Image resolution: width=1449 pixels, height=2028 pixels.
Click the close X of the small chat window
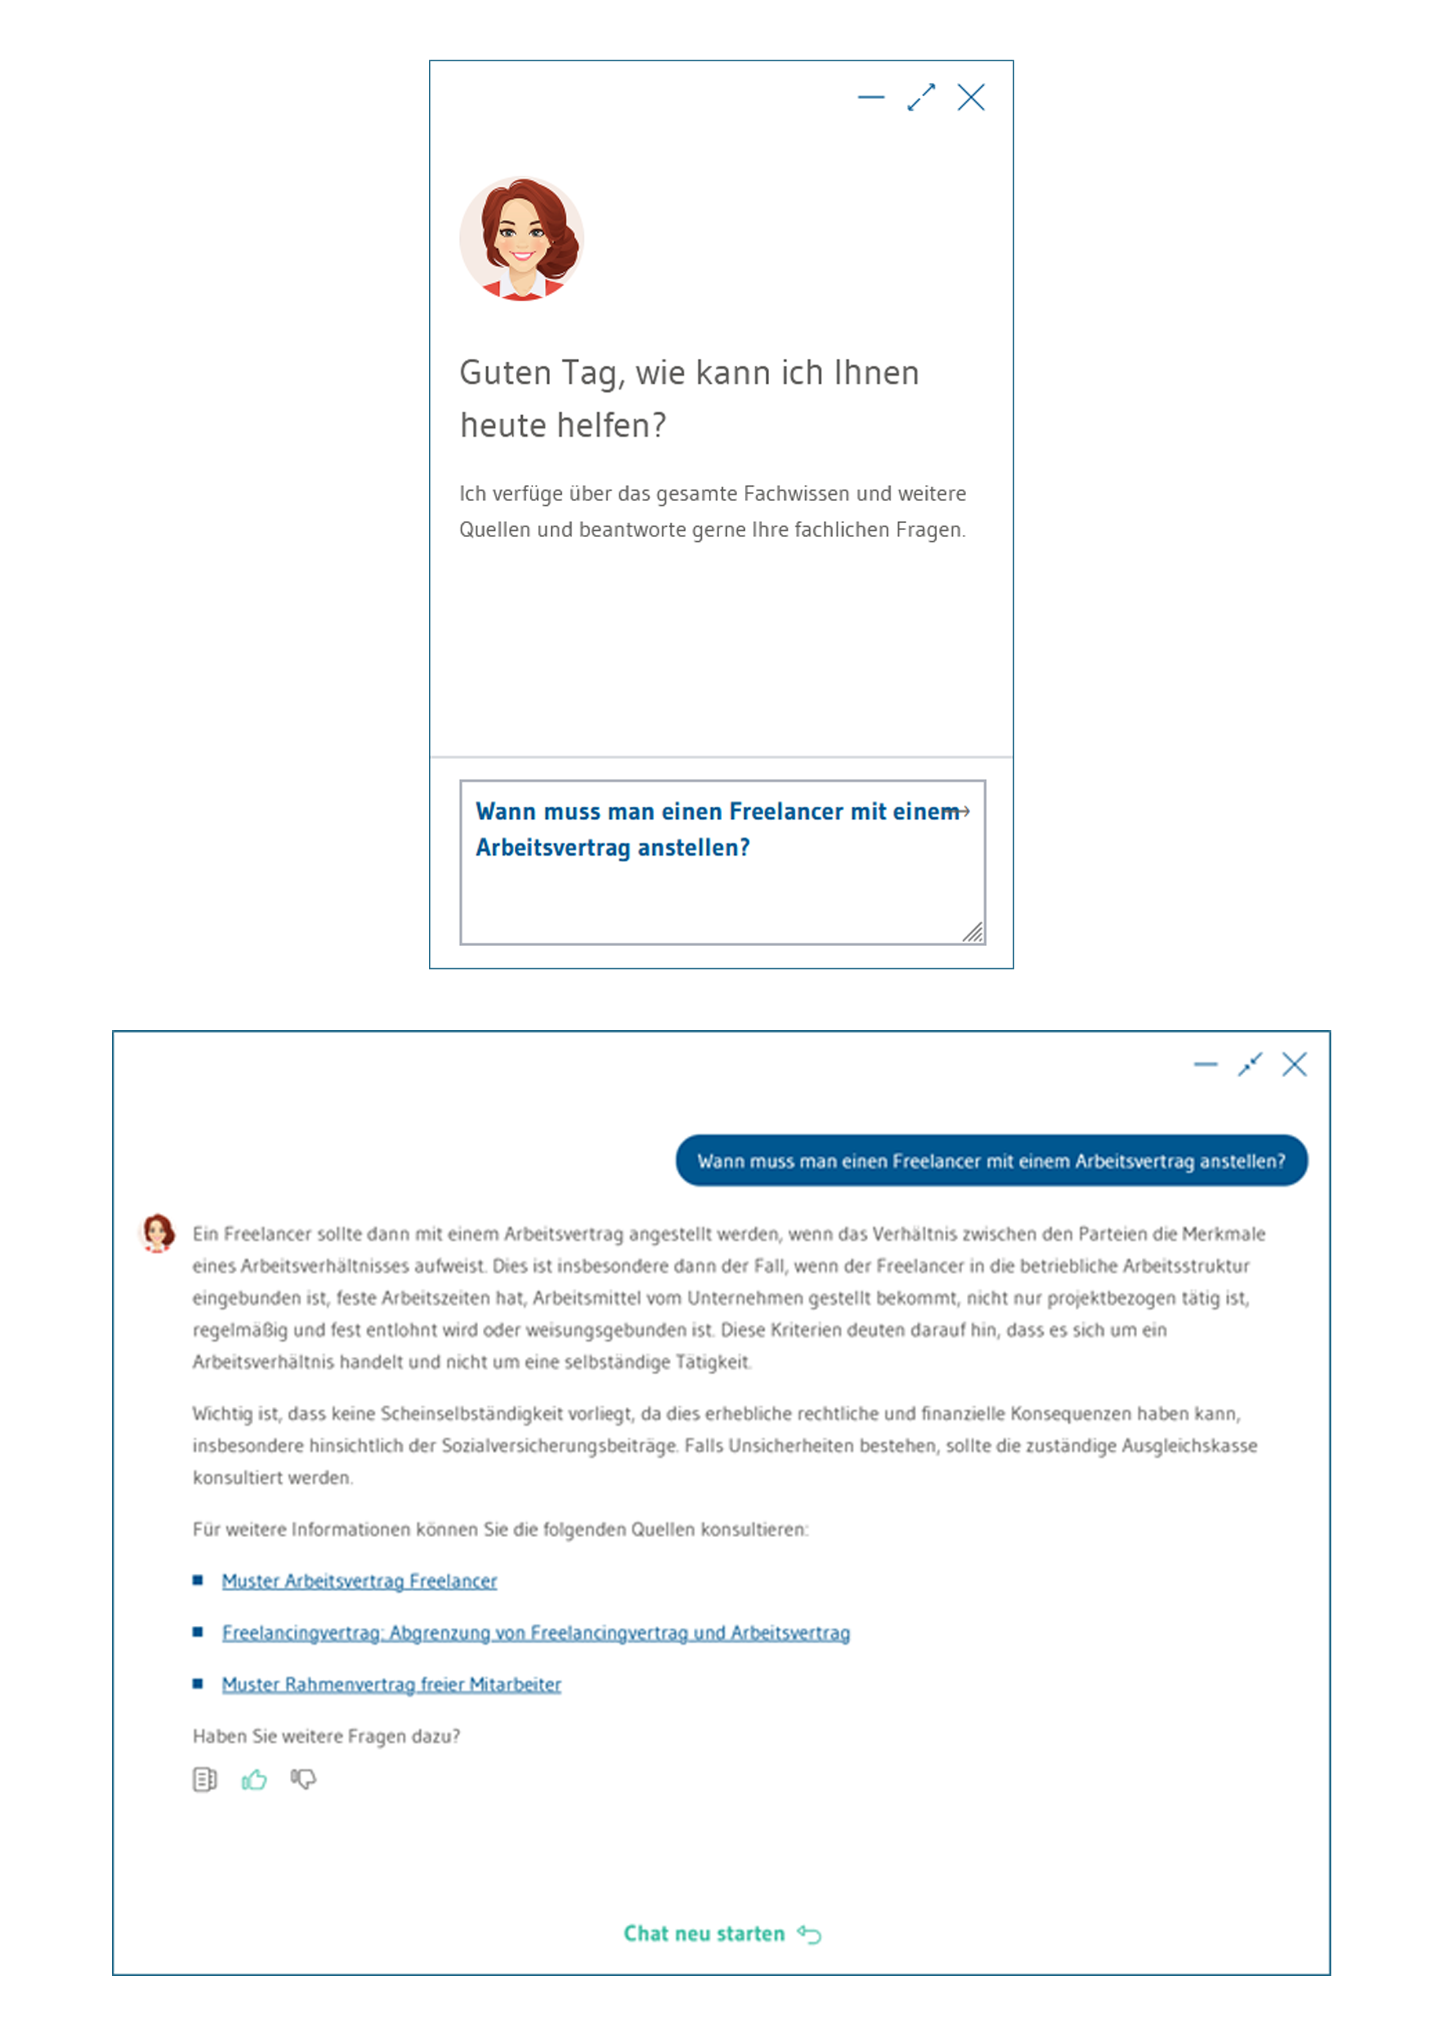(x=971, y=97)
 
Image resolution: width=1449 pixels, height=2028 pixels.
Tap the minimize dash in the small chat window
(x=871, y=97)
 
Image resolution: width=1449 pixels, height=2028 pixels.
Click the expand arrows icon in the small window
(x=921, y=97)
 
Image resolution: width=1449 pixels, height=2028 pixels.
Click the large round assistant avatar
(x=522, y=239)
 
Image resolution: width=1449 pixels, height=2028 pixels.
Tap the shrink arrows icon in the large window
(x=1250, y=1064)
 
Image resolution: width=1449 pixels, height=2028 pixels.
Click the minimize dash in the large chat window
(x=1206, y=1064)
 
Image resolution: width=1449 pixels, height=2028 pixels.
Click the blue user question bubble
(x=991, y=1160)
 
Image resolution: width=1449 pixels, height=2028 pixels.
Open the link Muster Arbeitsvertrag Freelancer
(x=359, y=1581)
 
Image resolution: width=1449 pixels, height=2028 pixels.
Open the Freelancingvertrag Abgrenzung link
(x=536, y=1633)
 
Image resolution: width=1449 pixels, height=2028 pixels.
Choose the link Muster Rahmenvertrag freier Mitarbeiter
(x=392, y=1684)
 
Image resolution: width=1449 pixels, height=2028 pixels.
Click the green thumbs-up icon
(x=254, y=1780)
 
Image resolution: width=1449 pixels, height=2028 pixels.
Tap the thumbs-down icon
(x=303, y=1780)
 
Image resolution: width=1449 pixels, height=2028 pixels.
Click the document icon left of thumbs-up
(x=205, y=1780)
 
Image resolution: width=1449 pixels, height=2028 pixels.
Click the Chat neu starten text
(x=704, y=1934)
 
